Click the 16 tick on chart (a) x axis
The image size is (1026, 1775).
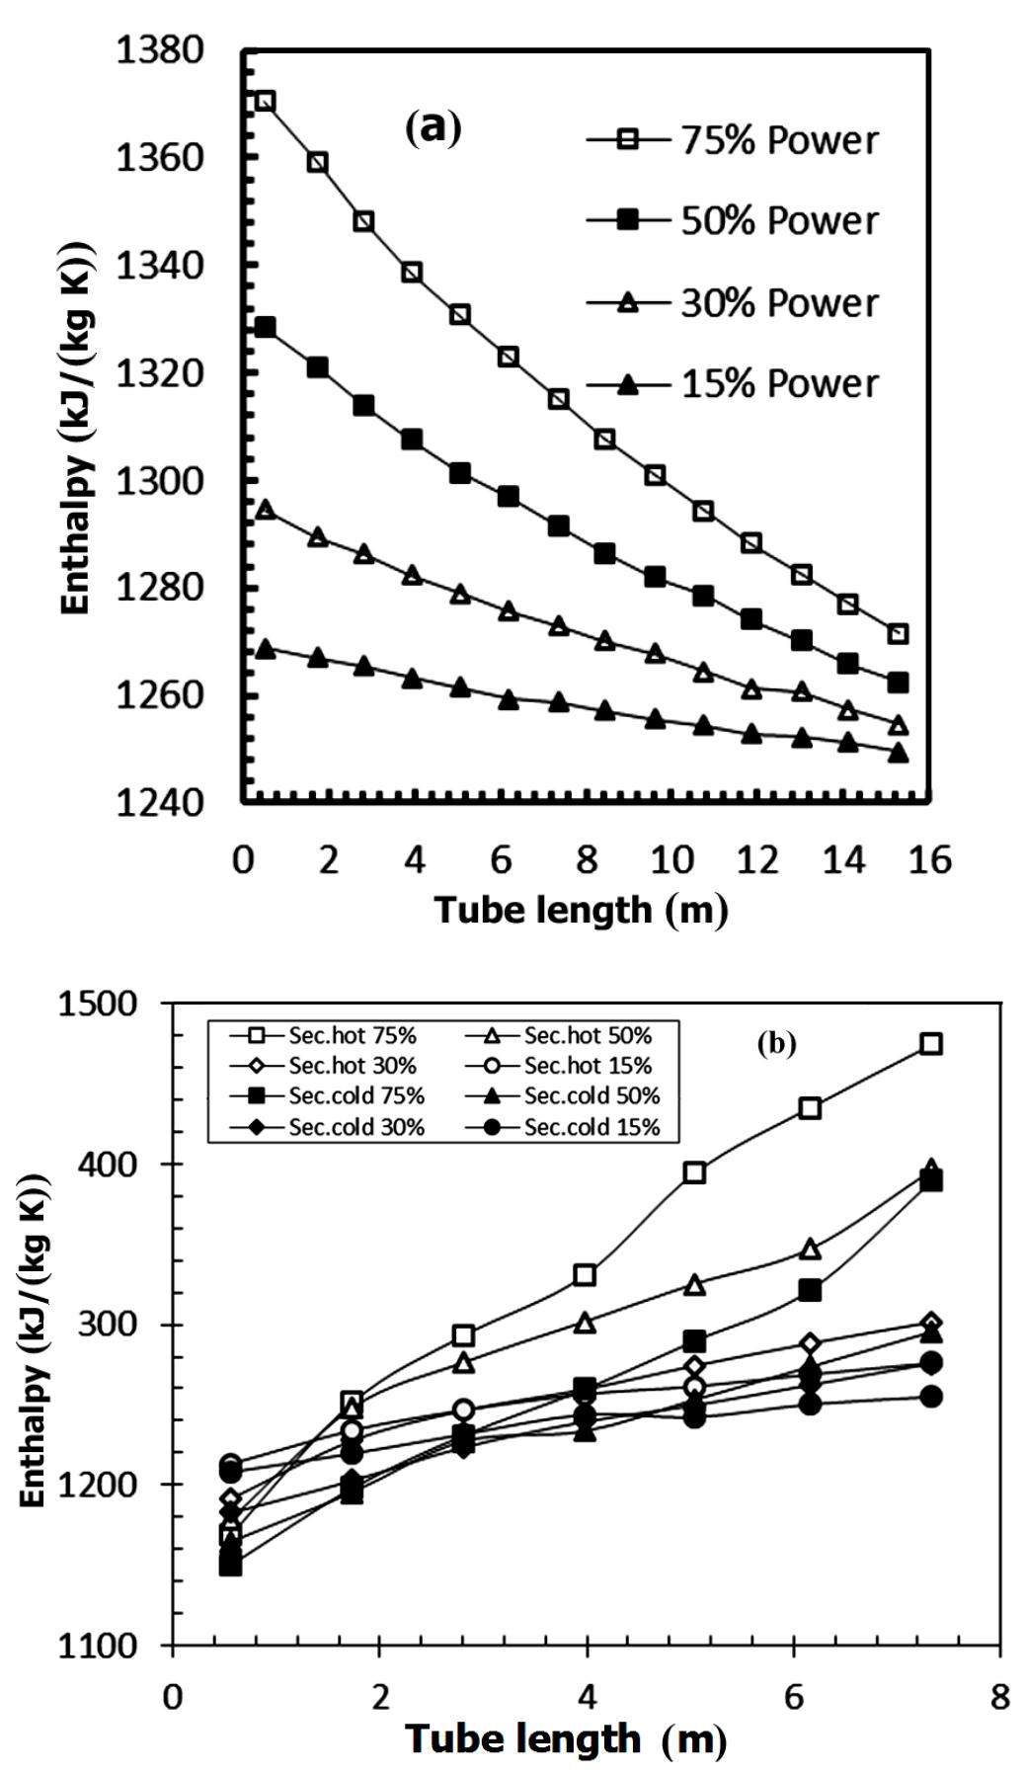click(930, 861)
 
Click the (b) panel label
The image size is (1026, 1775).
click(776, 1043)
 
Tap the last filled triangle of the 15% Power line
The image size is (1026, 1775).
click(898, 754)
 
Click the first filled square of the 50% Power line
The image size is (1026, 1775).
click(265, 327)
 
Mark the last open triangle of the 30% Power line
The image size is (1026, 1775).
click(898, 726)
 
